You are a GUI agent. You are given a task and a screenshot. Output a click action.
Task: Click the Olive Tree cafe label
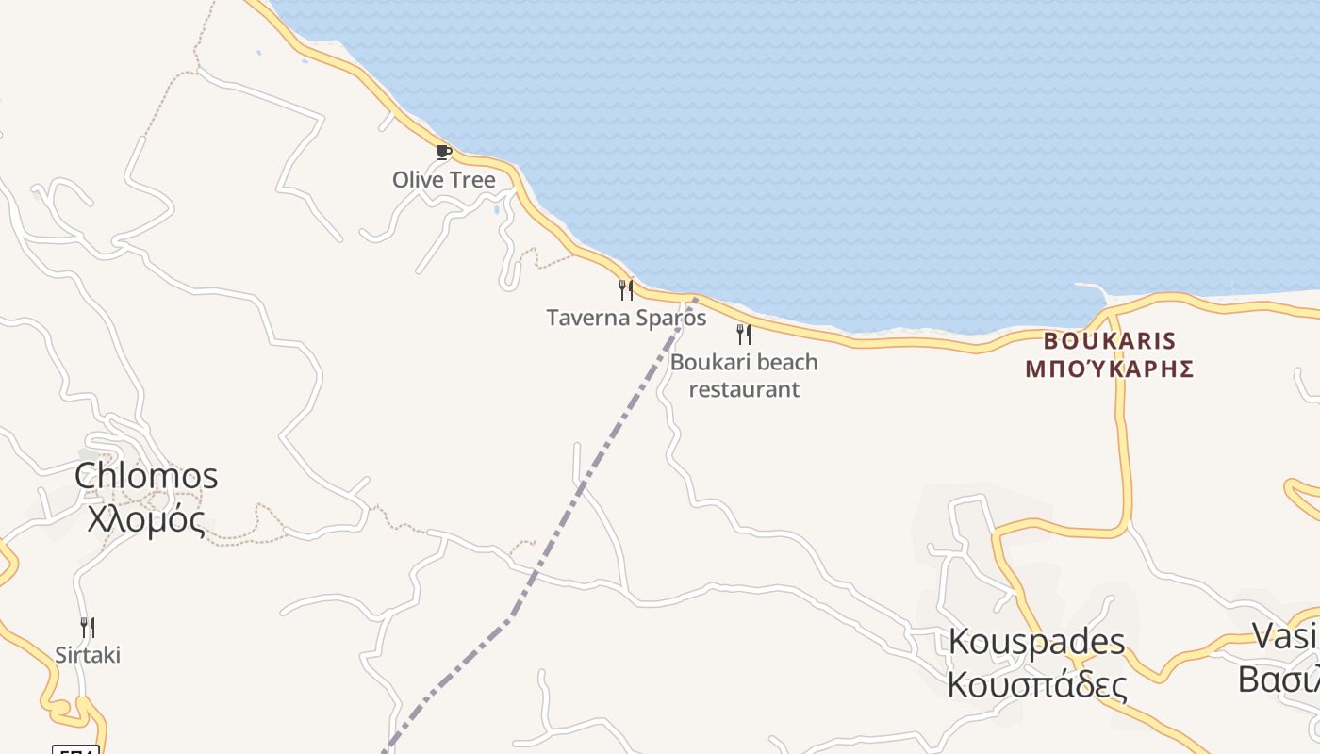(443, 179)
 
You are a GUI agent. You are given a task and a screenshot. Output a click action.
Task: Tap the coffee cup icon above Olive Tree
(443, 152)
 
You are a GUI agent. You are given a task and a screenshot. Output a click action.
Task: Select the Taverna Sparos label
(626, 318)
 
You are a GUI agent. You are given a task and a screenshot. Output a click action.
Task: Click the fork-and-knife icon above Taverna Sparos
(625, 289)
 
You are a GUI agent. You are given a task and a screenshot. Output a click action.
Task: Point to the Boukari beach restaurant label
(744, 375)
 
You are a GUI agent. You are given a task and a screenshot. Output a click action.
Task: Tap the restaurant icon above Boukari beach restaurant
(744, 335)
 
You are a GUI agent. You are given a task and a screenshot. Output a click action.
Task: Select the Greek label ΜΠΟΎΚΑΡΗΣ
(1110, 369)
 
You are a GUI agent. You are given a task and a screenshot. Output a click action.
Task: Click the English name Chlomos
(146, 476)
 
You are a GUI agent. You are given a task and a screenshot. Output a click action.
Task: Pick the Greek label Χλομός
(146, 518)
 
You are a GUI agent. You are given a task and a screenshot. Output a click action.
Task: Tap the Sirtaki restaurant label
(88, 655)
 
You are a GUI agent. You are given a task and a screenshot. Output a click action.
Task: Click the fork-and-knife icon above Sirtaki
(87, 627)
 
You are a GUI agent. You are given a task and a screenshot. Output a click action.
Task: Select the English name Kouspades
(1036, 642)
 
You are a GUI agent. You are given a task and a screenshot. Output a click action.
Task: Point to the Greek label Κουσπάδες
(1036, 684)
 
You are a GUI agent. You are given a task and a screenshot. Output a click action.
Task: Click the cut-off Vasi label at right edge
(1285, 636)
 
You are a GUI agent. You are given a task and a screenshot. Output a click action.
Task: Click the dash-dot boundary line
(585, 481)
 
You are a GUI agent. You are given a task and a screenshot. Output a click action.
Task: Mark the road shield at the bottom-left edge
(75, 749)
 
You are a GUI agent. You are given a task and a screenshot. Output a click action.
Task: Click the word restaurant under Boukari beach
(744, 389)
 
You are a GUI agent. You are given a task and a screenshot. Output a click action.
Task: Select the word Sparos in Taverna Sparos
(670, 318)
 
